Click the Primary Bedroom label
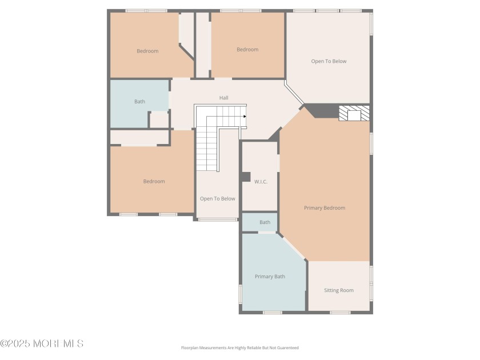tap(325, 208)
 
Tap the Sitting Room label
tap(339, 290)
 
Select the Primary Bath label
tap(270, 277)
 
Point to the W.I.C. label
tap(261, 182)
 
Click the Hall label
tap(224, 98)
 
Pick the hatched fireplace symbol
tap(354, 113)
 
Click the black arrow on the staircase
tap(245, 117)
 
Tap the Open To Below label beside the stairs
tap(218, 199)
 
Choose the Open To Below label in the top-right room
tap(329, 61)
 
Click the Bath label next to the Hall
tap(139, 101)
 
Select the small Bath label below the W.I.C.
tap(265, 222)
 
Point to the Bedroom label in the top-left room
tap(147, 51)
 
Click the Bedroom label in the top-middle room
tap(247, 49)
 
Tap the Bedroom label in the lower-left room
tap(154, 181)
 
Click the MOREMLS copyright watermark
tap(42, 343)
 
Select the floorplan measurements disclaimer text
tap(240, 348)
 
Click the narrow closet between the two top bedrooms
tap(202, 45)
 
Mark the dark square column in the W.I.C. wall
tap(246, 177)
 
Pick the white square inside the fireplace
tap(354, 115)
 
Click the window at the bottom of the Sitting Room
tap(340, 313)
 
